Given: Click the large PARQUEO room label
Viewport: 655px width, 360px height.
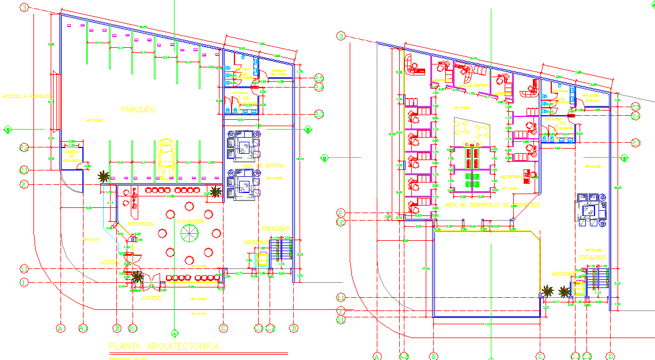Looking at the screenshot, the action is pos(138,109).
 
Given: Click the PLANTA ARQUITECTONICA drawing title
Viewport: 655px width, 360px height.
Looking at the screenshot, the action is pos(164,346).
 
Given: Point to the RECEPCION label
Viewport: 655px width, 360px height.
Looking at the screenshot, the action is pos(141,223).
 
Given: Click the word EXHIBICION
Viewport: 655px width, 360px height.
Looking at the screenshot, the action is pos(190,221).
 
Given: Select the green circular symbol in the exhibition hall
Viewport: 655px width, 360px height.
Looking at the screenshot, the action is pos(188,233).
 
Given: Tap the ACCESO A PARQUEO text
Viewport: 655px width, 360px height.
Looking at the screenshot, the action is pos(26,96).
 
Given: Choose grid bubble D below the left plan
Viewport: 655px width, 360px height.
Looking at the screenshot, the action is pos(294,328).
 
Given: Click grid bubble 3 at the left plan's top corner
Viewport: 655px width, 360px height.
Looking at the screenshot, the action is pos(24,7).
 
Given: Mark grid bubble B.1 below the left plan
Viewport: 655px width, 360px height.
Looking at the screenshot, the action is pos(133,328).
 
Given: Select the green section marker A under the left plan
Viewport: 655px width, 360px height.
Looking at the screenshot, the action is pos(174,332).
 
